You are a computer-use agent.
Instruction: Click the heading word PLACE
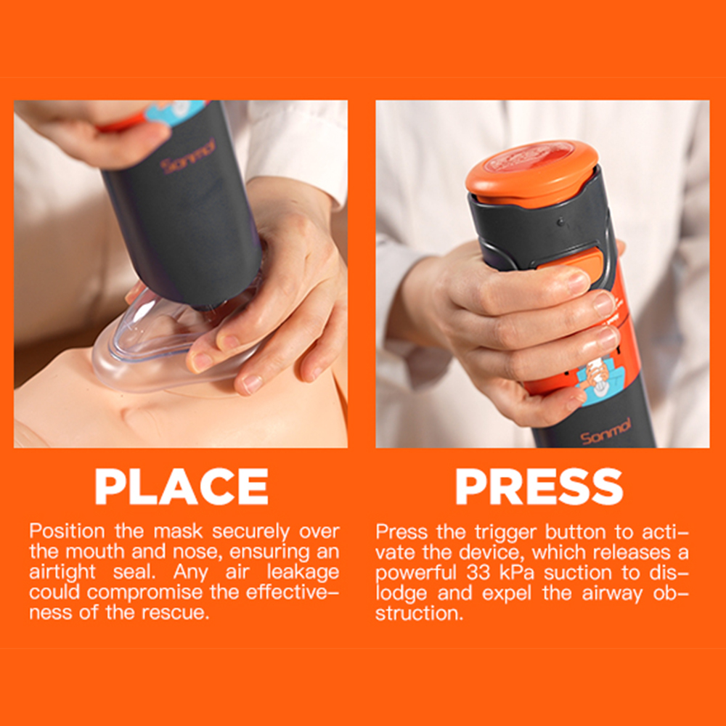[181, 486]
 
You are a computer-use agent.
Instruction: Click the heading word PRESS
[539, 486]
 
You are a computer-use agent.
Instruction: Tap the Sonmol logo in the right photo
[605, 431]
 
